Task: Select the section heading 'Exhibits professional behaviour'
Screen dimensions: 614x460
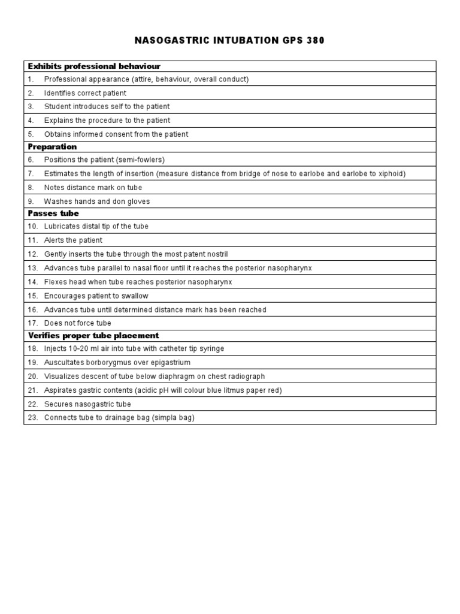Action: click(94, 66)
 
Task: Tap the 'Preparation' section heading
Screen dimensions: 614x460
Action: click(53, 146)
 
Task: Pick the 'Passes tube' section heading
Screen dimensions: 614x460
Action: click(53, 213)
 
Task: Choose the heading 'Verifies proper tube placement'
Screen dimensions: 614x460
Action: click(93, 335)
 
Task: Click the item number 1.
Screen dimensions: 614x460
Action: click(30, 79)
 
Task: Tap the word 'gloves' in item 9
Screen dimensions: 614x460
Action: click(138, 201)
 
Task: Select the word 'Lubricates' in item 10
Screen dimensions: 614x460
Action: click(62, 227)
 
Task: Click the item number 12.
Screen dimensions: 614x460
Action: click(32, 254)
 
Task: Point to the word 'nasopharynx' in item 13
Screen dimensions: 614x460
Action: click(290, 268)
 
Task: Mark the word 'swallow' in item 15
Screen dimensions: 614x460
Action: click(135, 296)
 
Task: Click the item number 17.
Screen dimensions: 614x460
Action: click(32, 323)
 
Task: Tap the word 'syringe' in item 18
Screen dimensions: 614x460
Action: click(211, 349)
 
